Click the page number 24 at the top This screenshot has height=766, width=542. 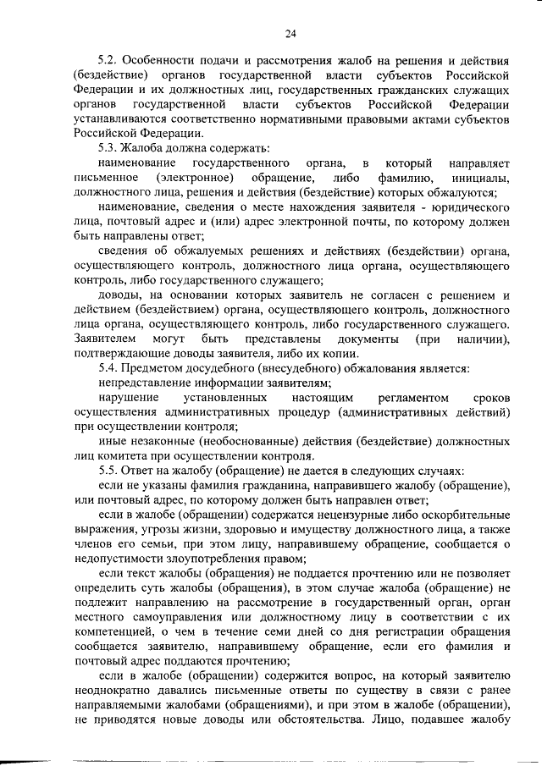point(290,34)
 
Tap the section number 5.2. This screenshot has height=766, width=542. point(108,61)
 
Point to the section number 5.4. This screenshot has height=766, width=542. point(108,368)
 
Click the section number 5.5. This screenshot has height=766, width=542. point(108,471)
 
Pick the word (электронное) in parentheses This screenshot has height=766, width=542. point(195,178)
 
